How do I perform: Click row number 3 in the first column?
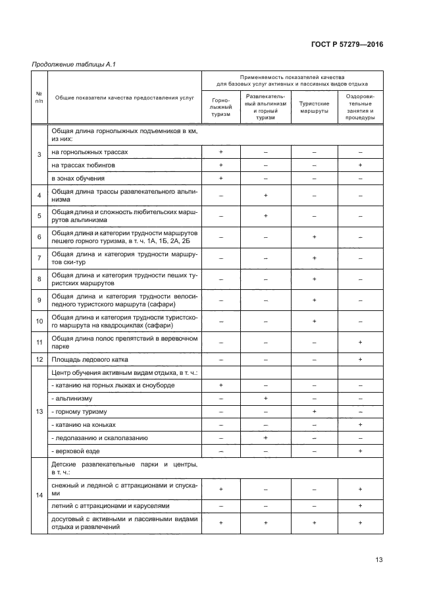pos(39,155)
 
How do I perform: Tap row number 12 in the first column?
pos(39,359)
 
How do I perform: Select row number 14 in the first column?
pos(39,494)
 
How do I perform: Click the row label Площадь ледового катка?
pos(89,359)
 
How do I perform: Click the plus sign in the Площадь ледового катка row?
pos(361,359)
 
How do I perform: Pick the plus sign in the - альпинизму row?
pos(266,399)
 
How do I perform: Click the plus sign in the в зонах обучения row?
pos(221,178)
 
